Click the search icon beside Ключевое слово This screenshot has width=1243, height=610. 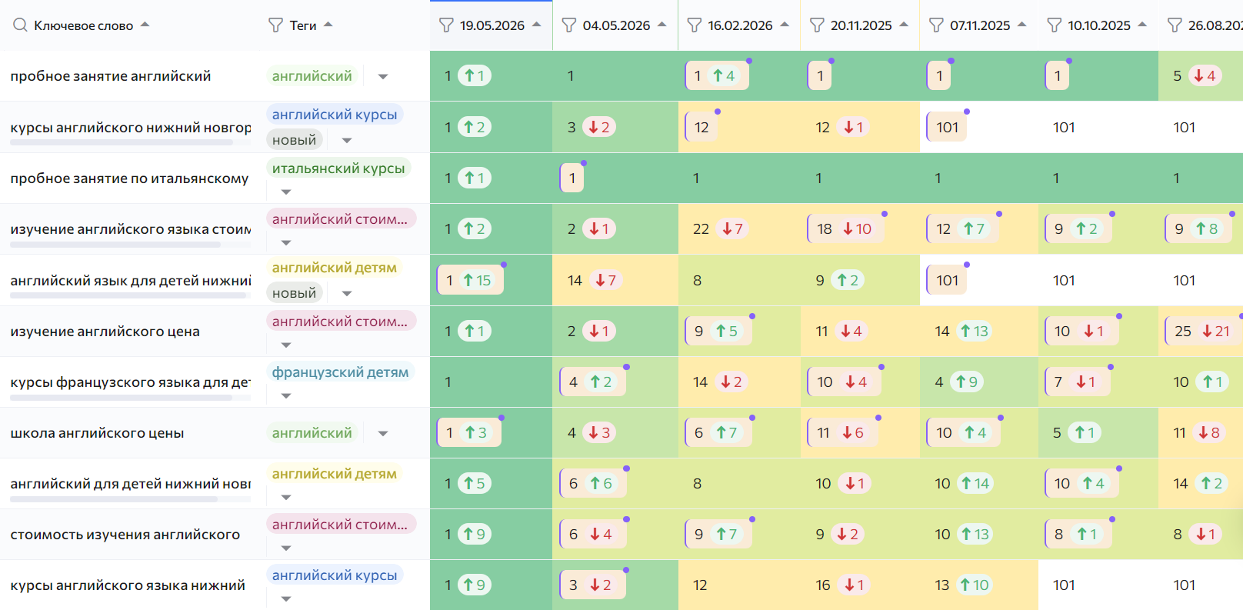pos(20,25)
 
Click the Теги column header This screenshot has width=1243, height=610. pos(303,25)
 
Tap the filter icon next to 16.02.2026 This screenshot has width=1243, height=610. pos(695,25)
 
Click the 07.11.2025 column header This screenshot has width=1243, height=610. pos(979,25)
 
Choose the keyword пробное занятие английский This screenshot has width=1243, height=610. pos(111,76)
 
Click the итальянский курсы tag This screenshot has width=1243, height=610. pos(338,168)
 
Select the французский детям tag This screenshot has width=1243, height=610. pos(340,372)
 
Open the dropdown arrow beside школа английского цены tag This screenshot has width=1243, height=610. pos(383,434)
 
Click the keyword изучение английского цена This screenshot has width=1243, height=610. pos(105,332)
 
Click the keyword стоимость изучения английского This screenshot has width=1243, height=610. pos(125,535)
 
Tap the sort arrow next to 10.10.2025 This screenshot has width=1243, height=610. pos(1142,25)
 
